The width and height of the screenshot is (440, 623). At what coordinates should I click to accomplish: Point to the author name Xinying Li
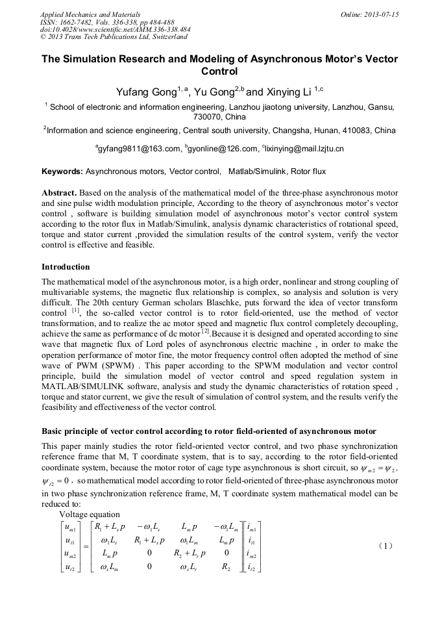[288, 92]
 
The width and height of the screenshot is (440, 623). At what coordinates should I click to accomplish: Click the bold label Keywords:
[62, 172]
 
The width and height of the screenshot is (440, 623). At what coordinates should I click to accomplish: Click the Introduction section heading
[66, 267]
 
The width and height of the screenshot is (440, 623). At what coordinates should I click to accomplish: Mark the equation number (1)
[385, 546]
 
